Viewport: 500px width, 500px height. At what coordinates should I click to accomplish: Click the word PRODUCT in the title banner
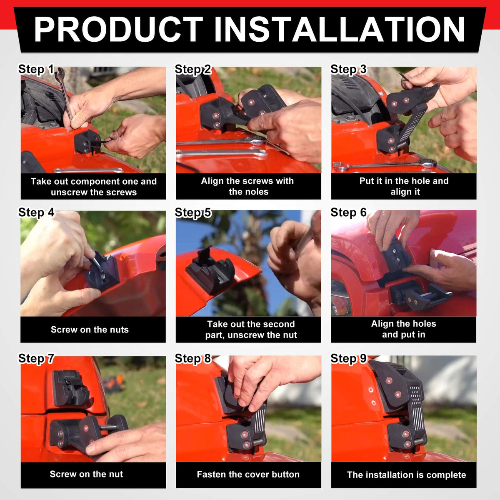click(x=118, y=29)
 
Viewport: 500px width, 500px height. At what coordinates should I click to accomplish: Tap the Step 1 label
click(x=36, y=69)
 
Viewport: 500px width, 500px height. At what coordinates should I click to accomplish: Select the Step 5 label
click(x=193, y=213)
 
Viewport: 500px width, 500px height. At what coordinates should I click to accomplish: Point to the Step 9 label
click(x=348, y=359)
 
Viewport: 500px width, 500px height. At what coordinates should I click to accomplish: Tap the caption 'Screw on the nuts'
click(x=90, y=330)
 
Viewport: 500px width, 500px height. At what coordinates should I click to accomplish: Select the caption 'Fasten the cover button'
click(x=248, y=474)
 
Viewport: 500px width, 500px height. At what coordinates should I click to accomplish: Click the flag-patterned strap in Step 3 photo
click(x=412, y=124)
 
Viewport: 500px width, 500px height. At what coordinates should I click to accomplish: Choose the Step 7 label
click(x=36, y=359)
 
